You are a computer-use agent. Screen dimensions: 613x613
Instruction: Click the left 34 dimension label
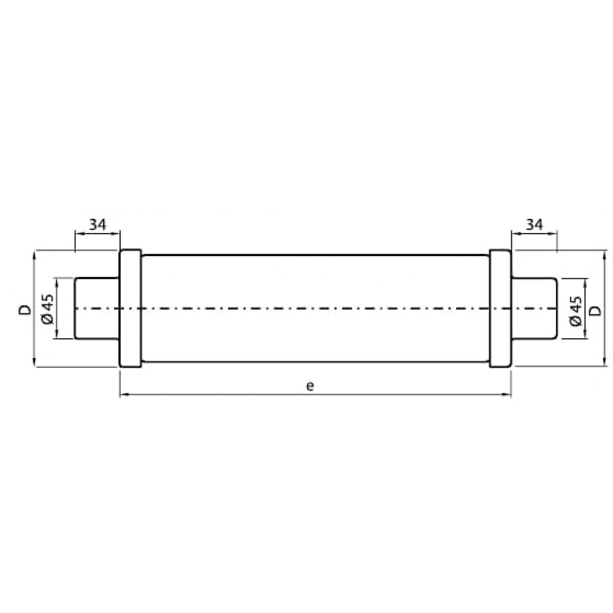click(97, 224)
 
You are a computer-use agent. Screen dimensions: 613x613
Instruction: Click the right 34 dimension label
click(535, 224)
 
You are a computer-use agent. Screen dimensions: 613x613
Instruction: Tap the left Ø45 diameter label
click(48, 308)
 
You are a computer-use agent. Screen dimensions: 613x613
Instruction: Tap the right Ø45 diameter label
click(576, 311)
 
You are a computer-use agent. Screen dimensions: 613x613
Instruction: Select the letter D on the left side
click(25, 310)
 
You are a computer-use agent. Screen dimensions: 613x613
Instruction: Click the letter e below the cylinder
click(310, 386)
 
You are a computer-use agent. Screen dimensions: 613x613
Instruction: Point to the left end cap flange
click(130, 308)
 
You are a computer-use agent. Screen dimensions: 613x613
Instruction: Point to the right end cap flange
click(500, 308)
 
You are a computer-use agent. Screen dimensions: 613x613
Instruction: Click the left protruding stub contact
click(97, 308)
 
